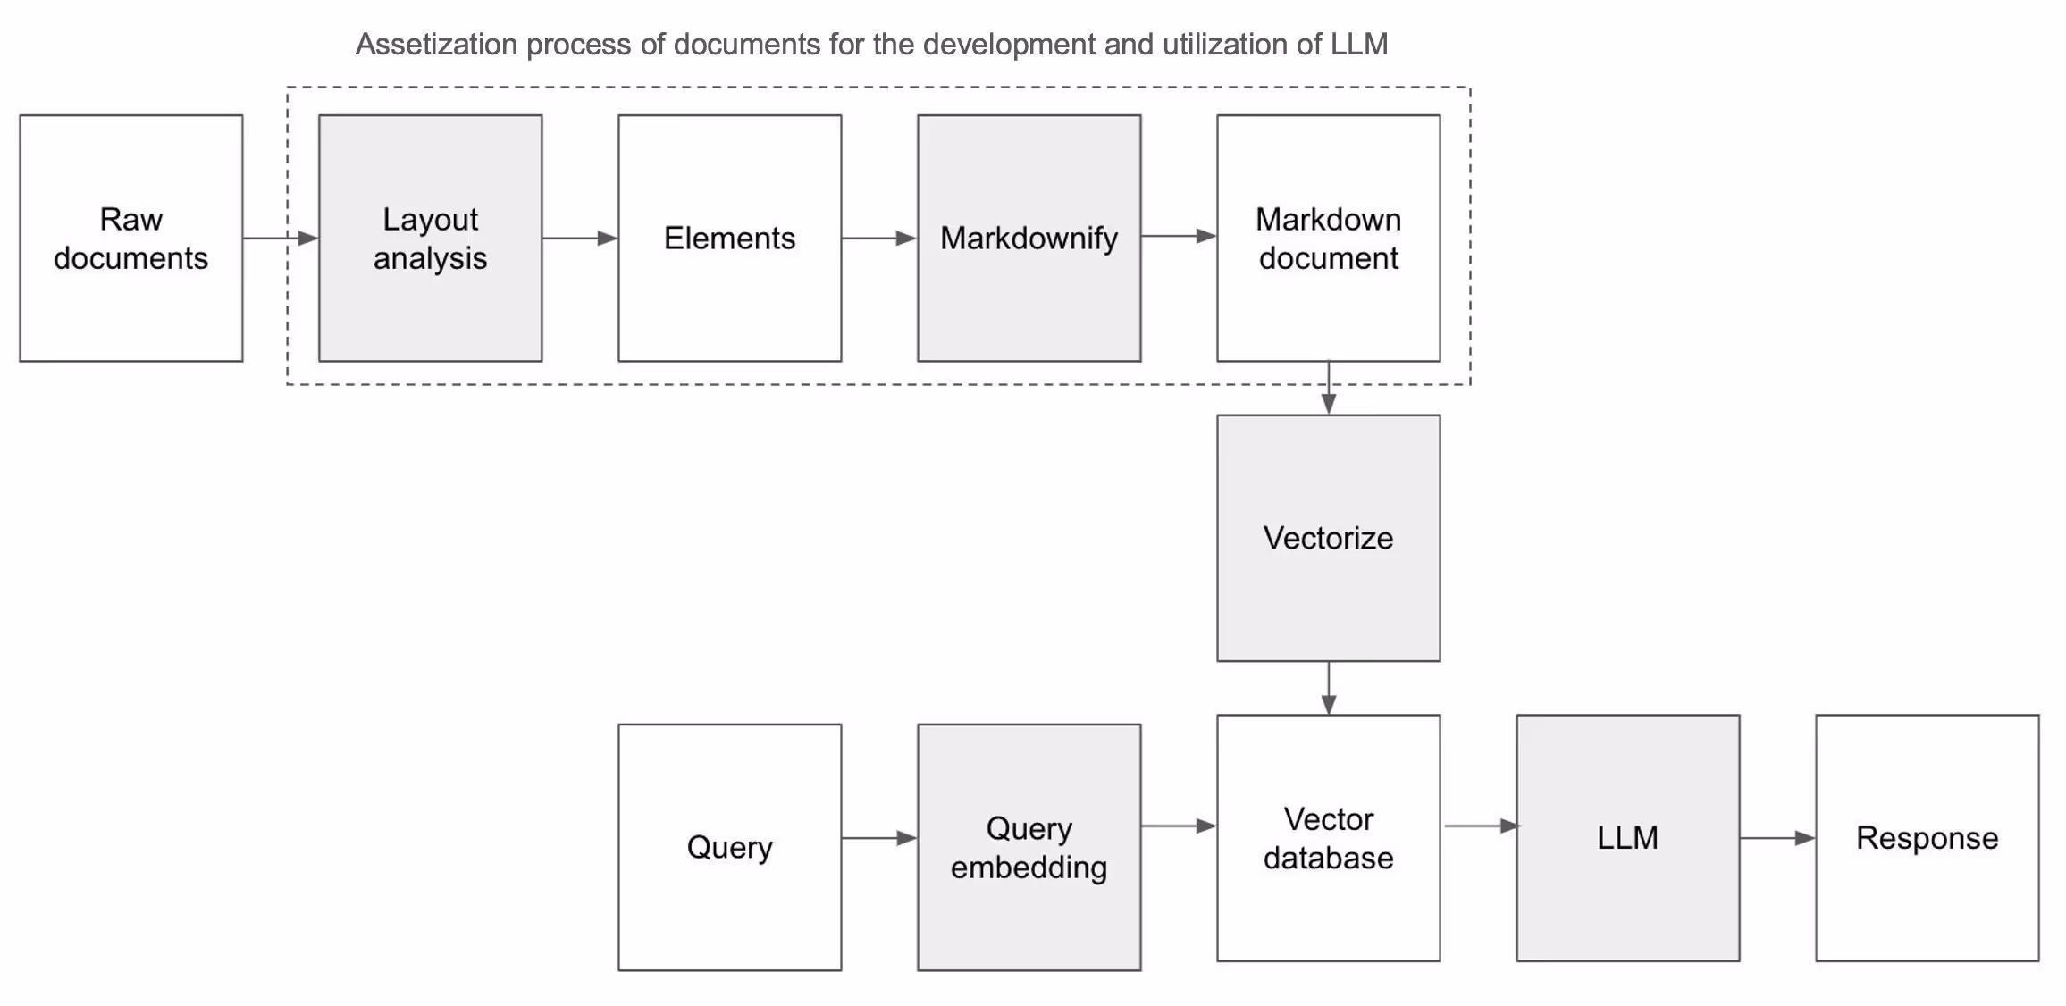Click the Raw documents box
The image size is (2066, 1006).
tap(130, 238)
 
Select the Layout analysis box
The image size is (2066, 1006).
tap(430, 238)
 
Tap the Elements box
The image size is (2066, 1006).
tap(729, 238)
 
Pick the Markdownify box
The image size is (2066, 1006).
tap(1029, 238)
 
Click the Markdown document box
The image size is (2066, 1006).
tap(1328, 238)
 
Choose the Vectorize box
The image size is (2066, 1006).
tap(1328, 538)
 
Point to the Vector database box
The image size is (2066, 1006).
tap(1328, 838)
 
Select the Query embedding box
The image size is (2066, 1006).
tap(1029, 847)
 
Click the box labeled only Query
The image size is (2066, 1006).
tap(729, 847)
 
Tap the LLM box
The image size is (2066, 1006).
tap(1627, 838)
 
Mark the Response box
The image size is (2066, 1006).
tap(1927, 838)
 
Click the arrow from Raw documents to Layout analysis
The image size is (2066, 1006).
tap(280, 239)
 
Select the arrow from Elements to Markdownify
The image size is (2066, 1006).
tap(878, 239)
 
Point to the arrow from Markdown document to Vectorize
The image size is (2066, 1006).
tap(1329, 388)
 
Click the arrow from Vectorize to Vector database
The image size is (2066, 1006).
tap(1329, 688)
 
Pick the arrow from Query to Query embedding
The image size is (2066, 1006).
tap(878, 838)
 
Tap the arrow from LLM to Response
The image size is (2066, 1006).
tap(1776, 838)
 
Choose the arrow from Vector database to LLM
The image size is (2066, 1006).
tap(1480, 826)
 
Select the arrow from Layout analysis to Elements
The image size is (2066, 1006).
tap(579, 239)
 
